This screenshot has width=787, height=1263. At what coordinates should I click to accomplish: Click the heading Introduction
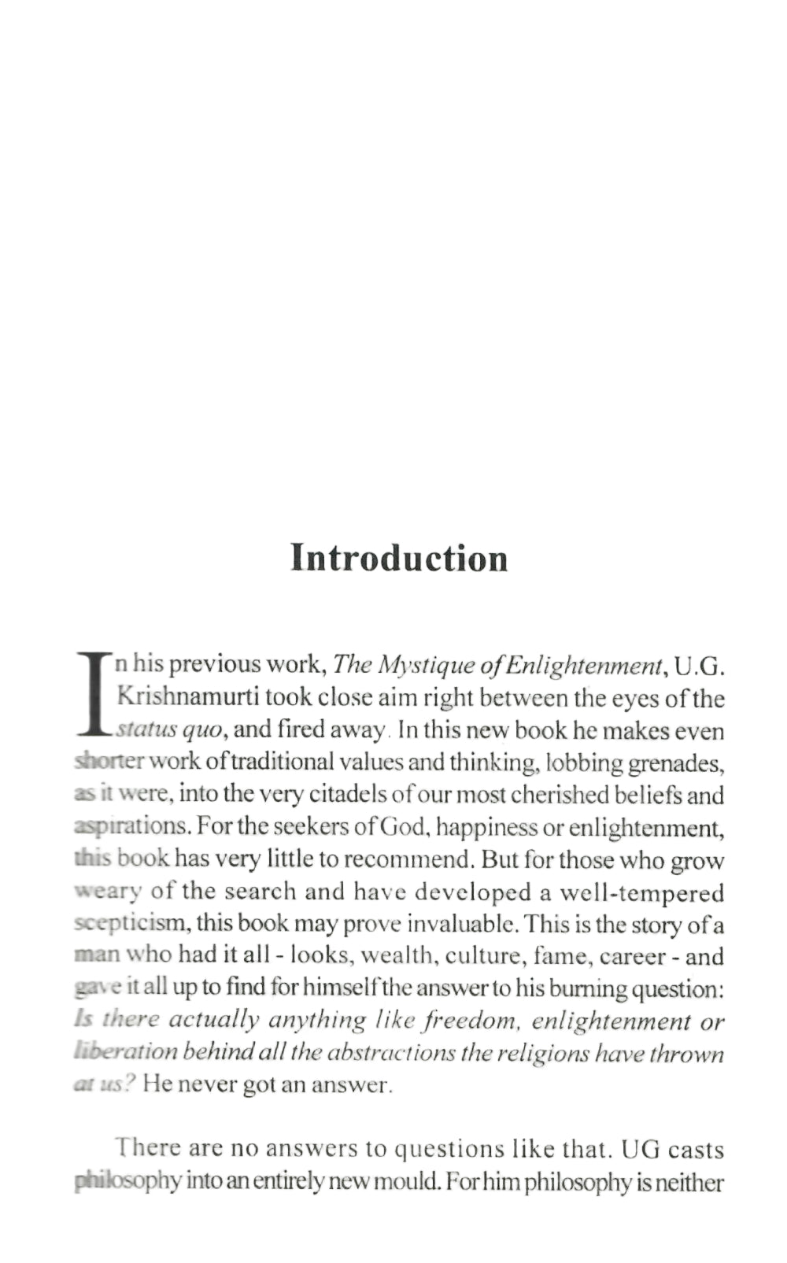pos(399,558)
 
